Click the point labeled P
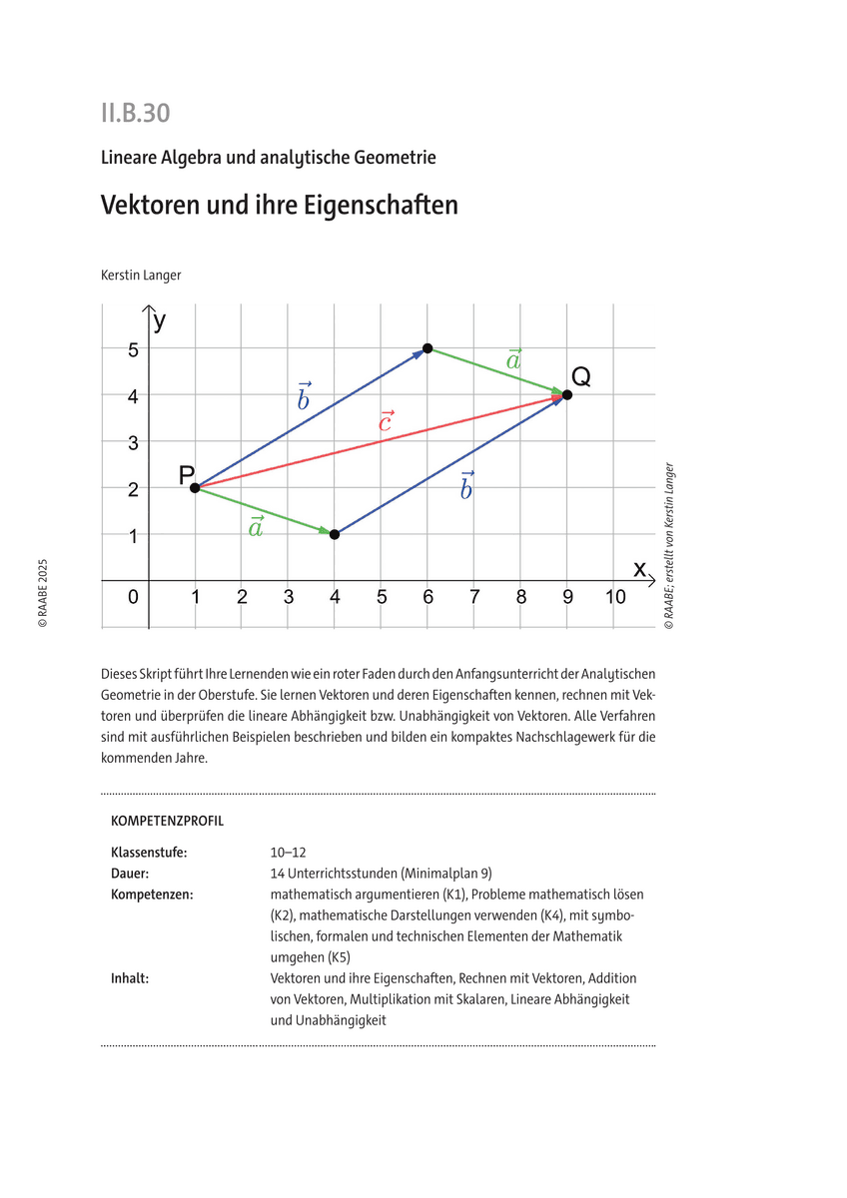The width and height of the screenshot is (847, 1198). click(x=195, y=487)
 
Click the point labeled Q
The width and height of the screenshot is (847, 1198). click(x=567, y=394)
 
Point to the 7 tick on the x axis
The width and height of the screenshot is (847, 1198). click(x=474, y=597)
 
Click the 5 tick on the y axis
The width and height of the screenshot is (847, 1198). click(x=132, y=348)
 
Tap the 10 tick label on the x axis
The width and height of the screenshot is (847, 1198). click(x=615, y=597)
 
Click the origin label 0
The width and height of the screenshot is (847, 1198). click(x=134, y=597)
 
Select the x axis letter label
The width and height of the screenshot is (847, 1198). click(x=639, y=568)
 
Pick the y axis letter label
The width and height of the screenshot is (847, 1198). click(x=160, y=320)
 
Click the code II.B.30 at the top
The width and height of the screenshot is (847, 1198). click(x=135, y=113)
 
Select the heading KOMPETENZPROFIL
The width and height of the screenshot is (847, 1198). click(x=167, y=821)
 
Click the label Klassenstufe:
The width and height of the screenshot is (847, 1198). click(x=149, y=853)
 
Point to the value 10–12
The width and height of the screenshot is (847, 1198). click(x=288, y=853)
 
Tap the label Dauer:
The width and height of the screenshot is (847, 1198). click(x=130, y=873)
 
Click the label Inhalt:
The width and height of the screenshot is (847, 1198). click(x=130, y=978)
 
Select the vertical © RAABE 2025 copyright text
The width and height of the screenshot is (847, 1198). click(x=42, y=592)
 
